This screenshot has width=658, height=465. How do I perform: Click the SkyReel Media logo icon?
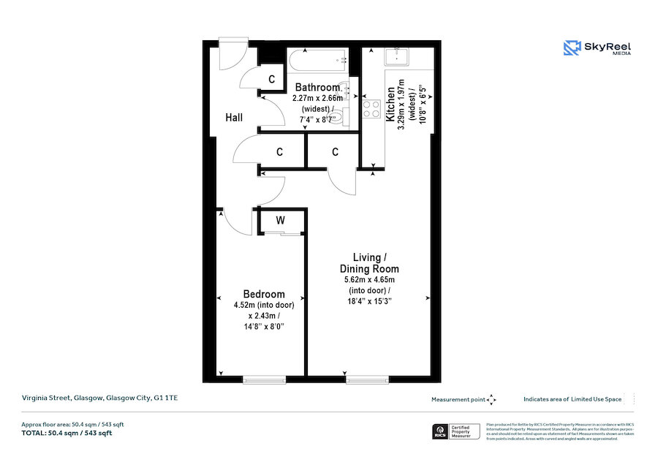tap(572, 48)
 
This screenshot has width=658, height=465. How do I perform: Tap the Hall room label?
tap(234, 117)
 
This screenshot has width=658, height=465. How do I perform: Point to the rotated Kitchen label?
tap(390, 104)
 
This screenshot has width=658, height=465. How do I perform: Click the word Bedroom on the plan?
tap(264, 295)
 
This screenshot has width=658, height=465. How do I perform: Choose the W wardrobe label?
tap(280, 220)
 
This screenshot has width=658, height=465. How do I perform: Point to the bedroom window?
tap(264, 379)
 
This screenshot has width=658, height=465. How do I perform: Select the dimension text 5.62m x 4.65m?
tap(369, 279)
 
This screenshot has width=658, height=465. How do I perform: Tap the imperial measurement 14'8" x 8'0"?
tap(264, 326)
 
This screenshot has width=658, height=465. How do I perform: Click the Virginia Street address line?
tap(99, 398)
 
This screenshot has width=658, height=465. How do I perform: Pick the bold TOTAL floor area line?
tap(67, 433)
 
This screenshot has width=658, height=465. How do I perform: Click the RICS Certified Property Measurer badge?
tap(457, 431)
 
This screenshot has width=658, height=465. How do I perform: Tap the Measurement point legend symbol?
tap(491, 399)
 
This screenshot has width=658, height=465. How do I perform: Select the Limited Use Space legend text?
tap(572, 399)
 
